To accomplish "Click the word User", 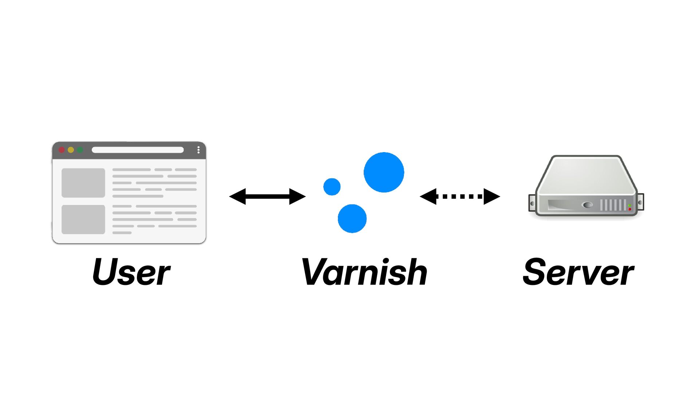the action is (x=131, y=271).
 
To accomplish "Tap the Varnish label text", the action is (x=364, y=271).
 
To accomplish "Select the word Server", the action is (x=578, y=271).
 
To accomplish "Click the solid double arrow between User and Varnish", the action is (x=267, y=196).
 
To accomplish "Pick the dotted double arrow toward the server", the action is (x=460, y=196).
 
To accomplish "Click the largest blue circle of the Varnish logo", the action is (x=384, y=172).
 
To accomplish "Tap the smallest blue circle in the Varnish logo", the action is (x=332, y=187).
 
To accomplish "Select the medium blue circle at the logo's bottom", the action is (x=352, y=218).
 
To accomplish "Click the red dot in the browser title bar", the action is (x=62, y=150).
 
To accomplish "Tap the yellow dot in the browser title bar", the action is (x=71, y=150).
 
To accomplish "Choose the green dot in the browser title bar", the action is (x=80, y=150).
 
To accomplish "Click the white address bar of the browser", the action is (x=138, y=150).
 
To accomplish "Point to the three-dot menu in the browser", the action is (x=198, y=150).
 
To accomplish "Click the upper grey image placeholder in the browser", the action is (x=83, y=183).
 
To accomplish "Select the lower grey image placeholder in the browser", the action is (x=83, y=219).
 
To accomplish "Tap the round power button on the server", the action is (x=588, y=205).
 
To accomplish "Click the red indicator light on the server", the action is (x=629, y=209).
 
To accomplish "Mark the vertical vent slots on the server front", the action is (x=613, y=205).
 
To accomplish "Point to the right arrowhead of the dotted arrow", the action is (x=492, y=196).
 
